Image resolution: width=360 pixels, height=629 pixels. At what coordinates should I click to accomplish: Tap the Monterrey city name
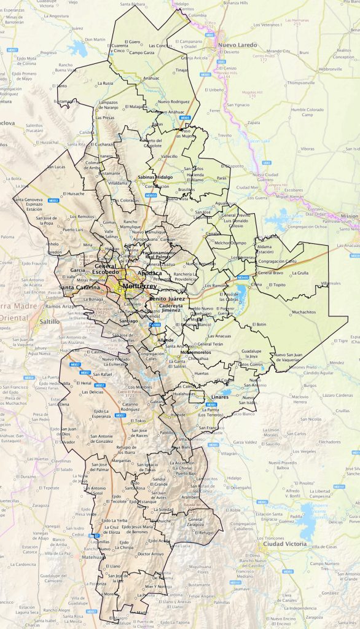pyautogui.click(x=140, y=286)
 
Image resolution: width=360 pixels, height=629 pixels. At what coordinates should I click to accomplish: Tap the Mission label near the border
pyautogui.click(x=349, y=216)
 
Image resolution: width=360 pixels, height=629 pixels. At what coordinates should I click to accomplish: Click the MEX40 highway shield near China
pyautogui.click(x=243, y=278)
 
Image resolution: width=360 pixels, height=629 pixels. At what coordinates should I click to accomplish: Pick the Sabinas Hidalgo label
pyautogui.click(x=155, y=176)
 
